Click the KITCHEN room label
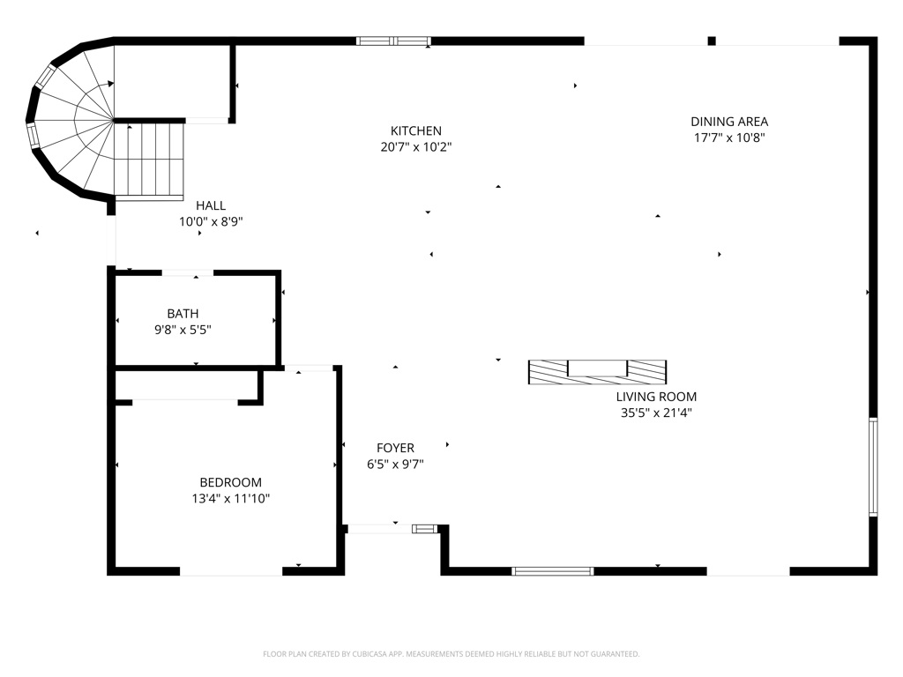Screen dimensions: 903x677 point(416,130)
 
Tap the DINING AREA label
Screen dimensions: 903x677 point(729,122)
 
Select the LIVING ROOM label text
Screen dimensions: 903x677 point(656,397)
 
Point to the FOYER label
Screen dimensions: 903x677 point(395,448)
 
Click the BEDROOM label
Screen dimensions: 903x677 point(230,482)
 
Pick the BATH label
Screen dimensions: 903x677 point(183,314)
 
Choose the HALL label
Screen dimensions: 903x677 point(210,205)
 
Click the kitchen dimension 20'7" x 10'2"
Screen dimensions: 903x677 point(416,147)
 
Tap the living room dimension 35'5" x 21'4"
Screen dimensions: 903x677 point(656,413)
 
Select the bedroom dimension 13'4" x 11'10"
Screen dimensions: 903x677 point(230,499)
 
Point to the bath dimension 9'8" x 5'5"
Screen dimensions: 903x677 point(183,330)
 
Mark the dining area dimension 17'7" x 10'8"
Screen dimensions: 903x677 point(729,138)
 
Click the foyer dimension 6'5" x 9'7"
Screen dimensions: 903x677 point(395,464)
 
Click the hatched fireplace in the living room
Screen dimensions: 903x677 point(597,373)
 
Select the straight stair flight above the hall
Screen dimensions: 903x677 point(148,161)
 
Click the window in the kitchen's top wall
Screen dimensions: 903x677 point(393,41)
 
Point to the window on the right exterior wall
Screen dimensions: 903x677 point(873,466)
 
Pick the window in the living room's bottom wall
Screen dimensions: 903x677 point(552,571)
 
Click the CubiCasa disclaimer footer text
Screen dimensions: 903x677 point(451,654)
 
